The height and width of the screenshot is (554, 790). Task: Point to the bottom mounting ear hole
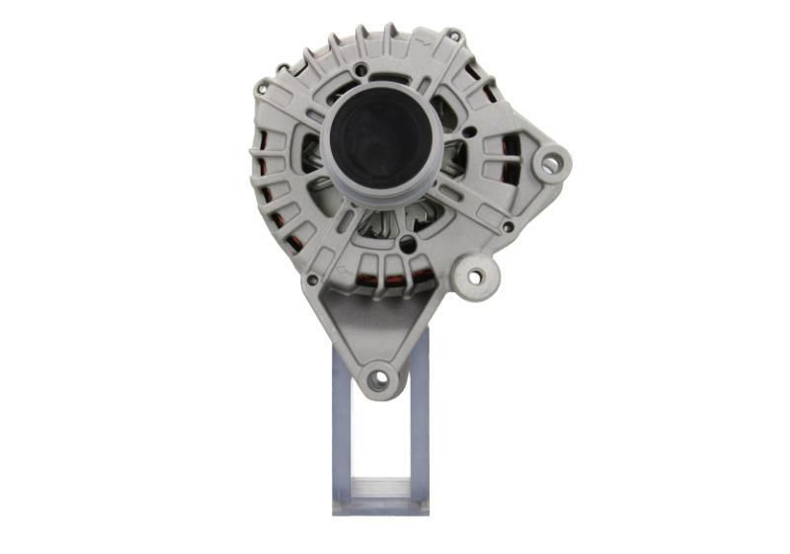coord(376,378)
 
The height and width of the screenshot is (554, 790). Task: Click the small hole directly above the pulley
coord(362,70)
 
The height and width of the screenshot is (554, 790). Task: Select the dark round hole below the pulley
coord(406,242)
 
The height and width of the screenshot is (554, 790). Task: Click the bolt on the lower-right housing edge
coord(507,226)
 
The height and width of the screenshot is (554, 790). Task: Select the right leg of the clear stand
coord(419,425)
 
